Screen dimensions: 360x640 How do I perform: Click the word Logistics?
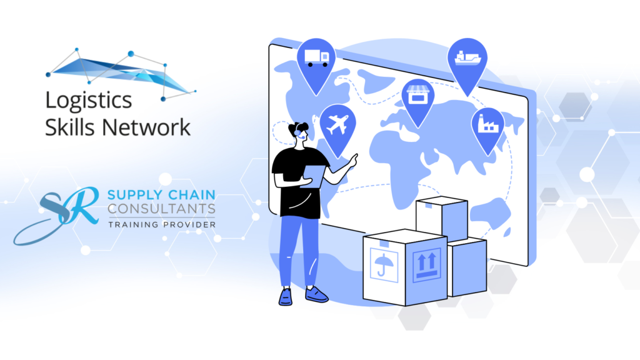[88, 101]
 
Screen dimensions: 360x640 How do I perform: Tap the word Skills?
[70, 127]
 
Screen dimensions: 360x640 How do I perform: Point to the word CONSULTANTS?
[161, 208]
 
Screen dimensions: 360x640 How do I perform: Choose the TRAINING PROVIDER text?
[162, 224]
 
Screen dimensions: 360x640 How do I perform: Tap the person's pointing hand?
[354, 159]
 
